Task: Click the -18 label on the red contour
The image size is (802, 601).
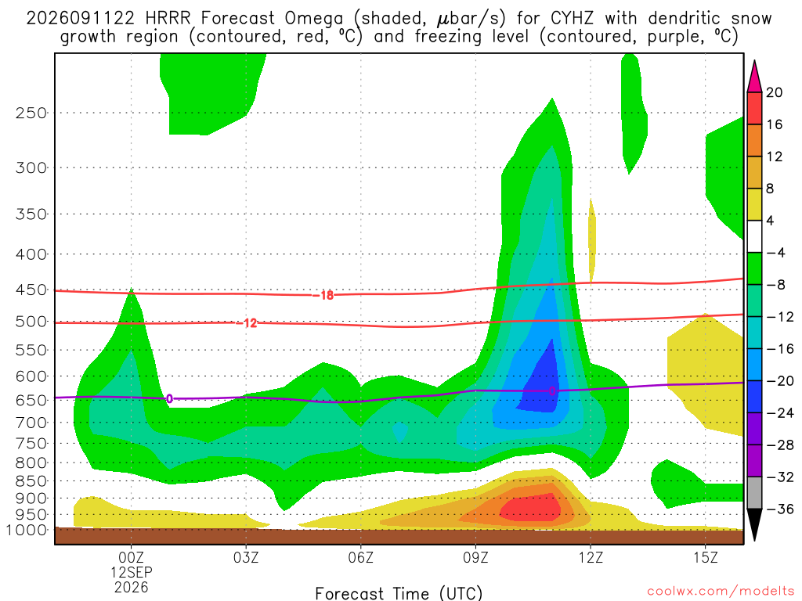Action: click(323, 295)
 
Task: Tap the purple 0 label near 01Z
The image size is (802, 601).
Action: click(170, 398)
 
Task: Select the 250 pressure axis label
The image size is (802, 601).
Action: click(31, 113)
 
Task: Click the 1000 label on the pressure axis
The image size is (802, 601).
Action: click(27, 531)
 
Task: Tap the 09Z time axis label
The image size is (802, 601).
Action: click(475, 557)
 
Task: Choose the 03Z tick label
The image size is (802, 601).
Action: click(246, 557)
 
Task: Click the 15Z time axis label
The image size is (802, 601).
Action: click(706, 557)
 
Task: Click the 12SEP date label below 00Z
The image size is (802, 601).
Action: click(132, 572)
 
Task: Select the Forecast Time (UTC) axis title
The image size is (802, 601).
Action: click(399, 593)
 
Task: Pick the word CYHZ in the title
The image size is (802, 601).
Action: click(573, 19)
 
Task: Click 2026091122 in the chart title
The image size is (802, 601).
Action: click(81, 19)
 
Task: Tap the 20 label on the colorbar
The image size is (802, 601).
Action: click(775, 92)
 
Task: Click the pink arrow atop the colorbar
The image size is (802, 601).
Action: click(754, 76)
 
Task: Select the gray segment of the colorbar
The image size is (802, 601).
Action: click(754, 493)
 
